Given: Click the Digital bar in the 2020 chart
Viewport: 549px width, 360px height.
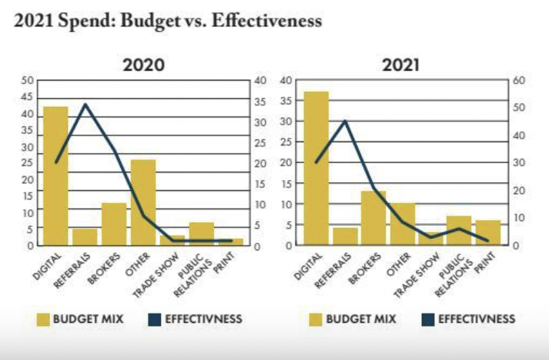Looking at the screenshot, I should pos(56,176).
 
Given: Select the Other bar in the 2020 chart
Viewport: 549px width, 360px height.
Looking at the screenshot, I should pos(143,202).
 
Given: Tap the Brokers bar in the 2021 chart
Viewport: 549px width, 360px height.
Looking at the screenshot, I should pos(373,218).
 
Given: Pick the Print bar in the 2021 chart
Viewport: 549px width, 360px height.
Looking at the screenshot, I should pos(488,233).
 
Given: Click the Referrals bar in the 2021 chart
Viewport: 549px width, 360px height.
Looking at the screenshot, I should pos(345,236).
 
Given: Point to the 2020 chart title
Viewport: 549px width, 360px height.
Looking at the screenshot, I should pos(143,66).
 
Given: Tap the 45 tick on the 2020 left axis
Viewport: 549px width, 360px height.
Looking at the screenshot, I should pos(27,97).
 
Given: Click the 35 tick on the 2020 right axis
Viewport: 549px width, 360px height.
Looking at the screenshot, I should pos(258,102).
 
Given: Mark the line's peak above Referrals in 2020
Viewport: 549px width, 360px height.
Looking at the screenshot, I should pos(85,104).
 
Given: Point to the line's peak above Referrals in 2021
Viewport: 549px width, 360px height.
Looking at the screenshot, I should pos(345,121).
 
